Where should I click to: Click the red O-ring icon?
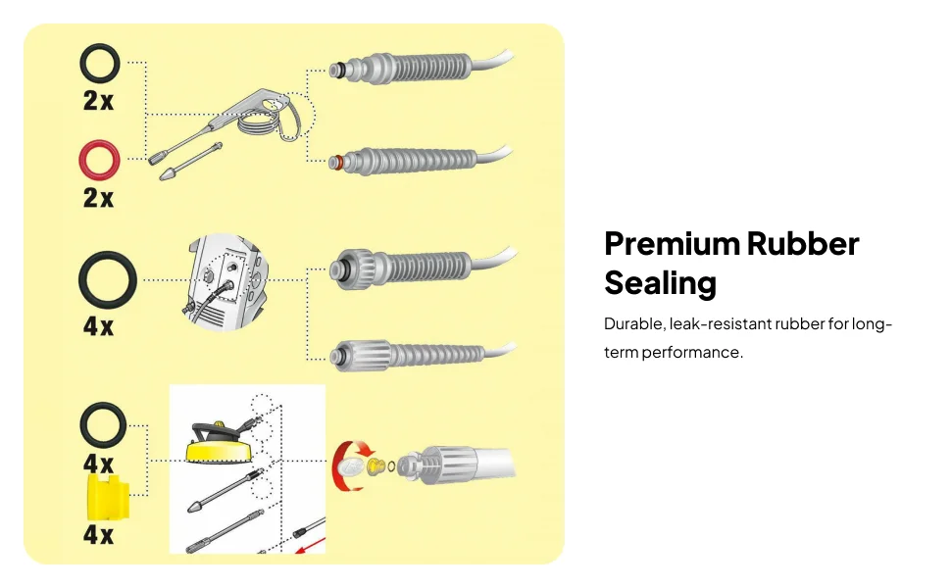[x=99, y=159]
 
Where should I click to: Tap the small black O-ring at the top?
[x=99, y=65]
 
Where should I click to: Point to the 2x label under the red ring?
[x=98, y=198]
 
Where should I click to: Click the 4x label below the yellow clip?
[x=98, y=536]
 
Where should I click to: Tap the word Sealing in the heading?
[x=660, y=283]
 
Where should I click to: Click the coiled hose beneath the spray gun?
[x=257, y=125]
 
